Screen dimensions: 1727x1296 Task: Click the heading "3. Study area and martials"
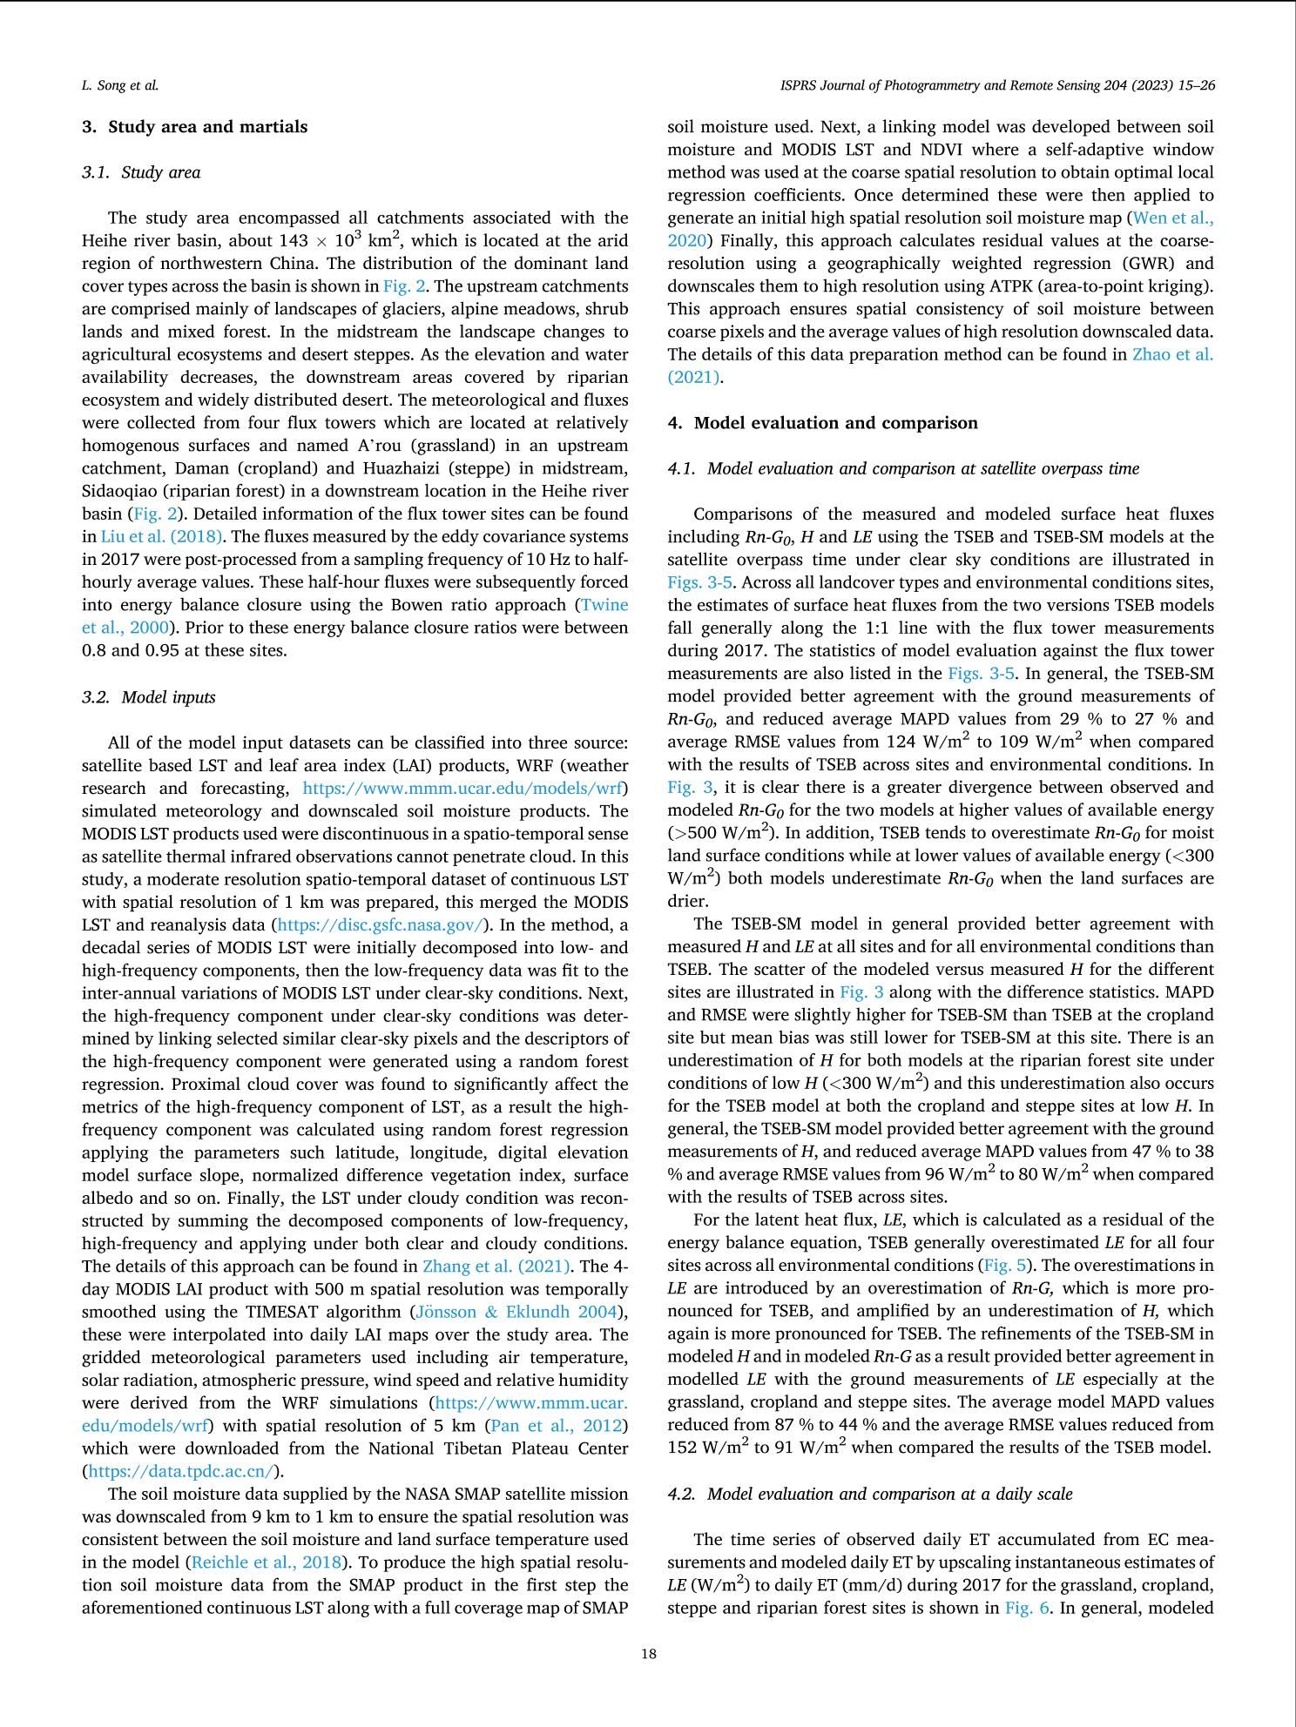[194, 127]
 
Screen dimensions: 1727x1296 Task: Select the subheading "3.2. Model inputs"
[148, 697]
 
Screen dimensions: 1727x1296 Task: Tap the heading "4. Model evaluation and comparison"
[822, 423]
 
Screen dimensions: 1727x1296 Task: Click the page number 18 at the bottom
[648, 1654]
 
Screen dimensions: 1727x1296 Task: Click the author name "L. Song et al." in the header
[120, 85]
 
